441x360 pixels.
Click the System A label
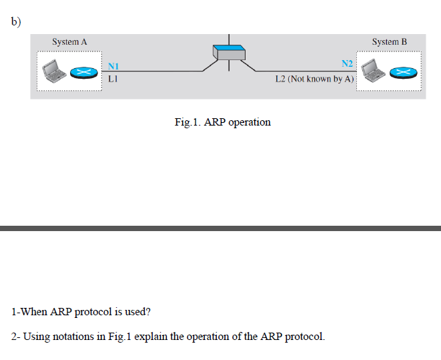[x=69, y=41]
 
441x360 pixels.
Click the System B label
[x=389, y=41]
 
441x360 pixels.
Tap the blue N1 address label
[x=113, y=66]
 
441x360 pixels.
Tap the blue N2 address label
[x=347, y=64]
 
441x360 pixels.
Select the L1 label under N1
[x=112, y=78]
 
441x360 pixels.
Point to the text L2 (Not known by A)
[x=315, y=79]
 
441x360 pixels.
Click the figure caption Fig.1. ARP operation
[x=222, y=122]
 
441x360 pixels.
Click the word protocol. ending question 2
[x=305, y=336]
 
